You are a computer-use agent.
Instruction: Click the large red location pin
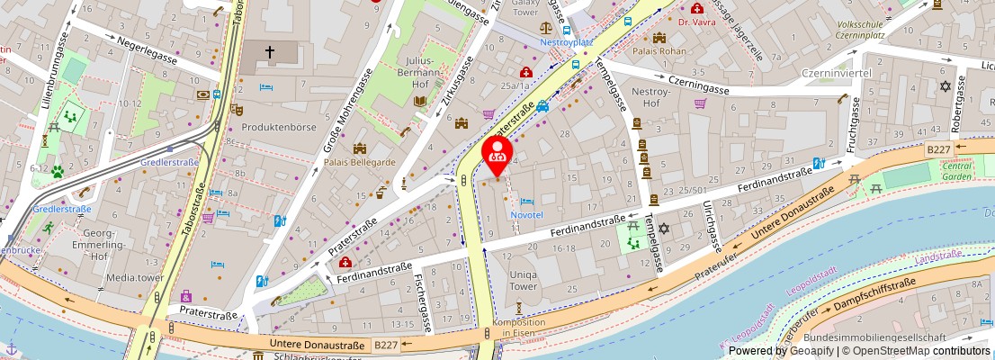pyautogui.click(x=497, y=154)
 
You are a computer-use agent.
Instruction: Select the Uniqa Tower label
pyautogui.click(x=524, y=280)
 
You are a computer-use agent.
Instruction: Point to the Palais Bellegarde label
pyautogui.click(x=360, y=162)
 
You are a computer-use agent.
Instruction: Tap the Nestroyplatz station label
pyautogui.click(x=566, y=42)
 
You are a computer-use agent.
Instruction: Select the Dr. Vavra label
pyautogui.click(x=697, y=22)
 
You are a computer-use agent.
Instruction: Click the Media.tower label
pyautogui.click(x=134, y=277)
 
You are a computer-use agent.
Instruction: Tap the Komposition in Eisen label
pyautogui.click(x=519, y=328)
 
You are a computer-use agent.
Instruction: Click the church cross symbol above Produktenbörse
pyautogui.click(x=269, y=52)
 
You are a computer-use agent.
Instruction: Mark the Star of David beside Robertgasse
pyautogui.click(x=944, y=86)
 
